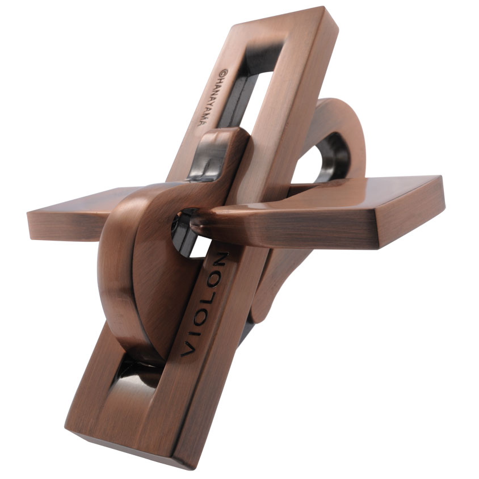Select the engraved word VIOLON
[x=203, y=304]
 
